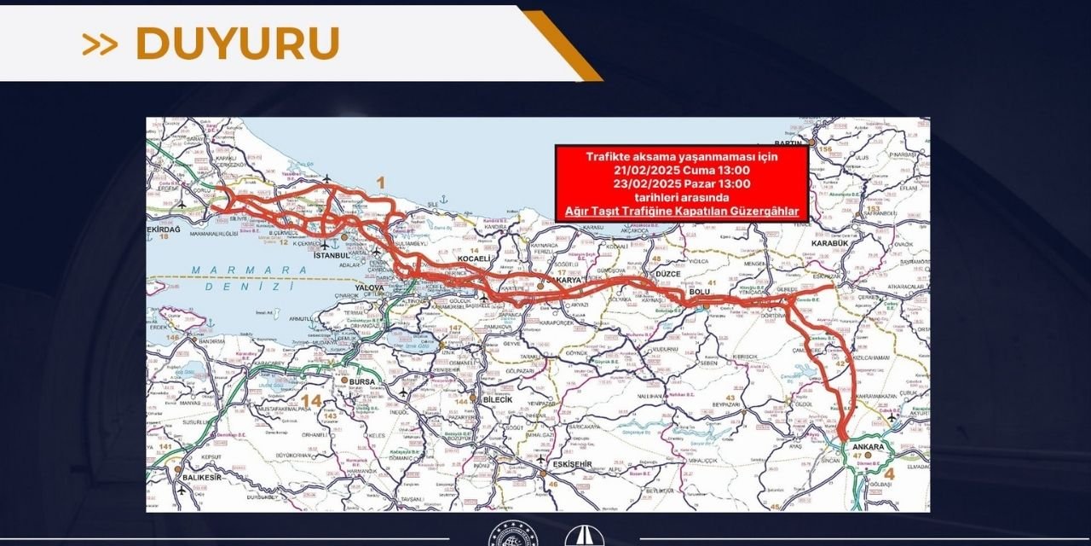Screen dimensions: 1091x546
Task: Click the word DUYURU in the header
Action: tap(236, 44)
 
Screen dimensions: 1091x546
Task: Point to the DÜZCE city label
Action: tap(644, 274)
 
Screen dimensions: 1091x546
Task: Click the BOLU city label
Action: tap(700, 293)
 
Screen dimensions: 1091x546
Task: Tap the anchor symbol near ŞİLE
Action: tap(443, 202)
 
